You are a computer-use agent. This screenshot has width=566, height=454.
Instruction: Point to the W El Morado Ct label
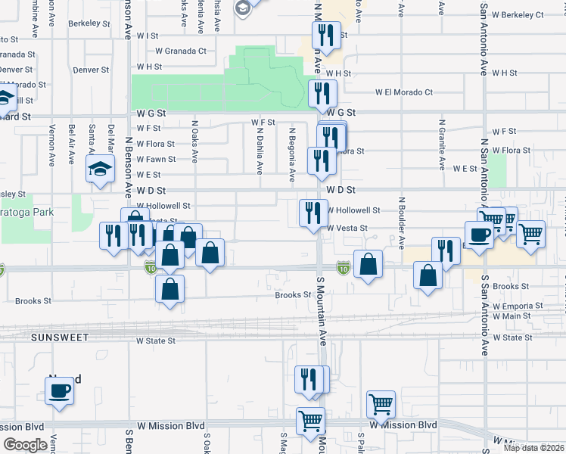click(404, 92)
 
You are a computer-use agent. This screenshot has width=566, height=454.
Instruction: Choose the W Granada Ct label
click(180, 51)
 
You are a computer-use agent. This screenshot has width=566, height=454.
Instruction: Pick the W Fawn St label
click(156, 159)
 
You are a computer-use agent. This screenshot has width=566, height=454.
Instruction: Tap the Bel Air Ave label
click(71, 146)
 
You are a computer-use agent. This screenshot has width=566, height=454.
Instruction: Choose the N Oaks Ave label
click(194, 142)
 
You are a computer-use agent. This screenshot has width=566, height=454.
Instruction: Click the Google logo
click(26, 444)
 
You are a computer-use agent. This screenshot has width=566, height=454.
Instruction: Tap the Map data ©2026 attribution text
click(533, 448)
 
